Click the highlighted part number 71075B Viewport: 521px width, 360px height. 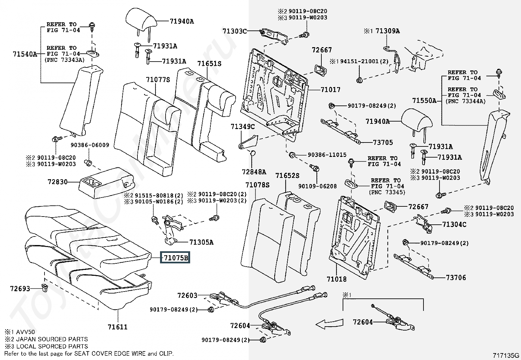click(x=176, y=258)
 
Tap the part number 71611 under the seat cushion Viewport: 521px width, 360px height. click(x=117, y=327)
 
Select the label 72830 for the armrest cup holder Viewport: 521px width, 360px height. click(x=57, y=181)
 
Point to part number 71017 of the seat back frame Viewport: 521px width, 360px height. click(x=330, y=89)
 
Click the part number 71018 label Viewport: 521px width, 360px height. click(x=336, y=279)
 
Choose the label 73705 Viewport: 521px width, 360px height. click(x=383, y=142)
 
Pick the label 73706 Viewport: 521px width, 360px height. click(x=456, y=277)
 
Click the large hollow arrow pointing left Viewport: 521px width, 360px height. click(x=329, y=323)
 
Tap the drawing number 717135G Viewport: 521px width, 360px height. click(x=506, y=355)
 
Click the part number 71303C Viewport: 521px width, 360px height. click(x=234, y=31)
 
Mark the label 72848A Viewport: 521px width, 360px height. click(x=254, y=172)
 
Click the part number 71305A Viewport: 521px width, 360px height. click(x=201, y=242)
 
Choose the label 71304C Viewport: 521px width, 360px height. click(x=454, y=224)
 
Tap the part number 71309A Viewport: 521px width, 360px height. click(x=387, y=31)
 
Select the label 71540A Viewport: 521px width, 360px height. click(x=25, y=54)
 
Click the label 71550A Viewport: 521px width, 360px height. click(x=424, y=101)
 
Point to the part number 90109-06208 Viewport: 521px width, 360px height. click(x=317, y=186)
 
